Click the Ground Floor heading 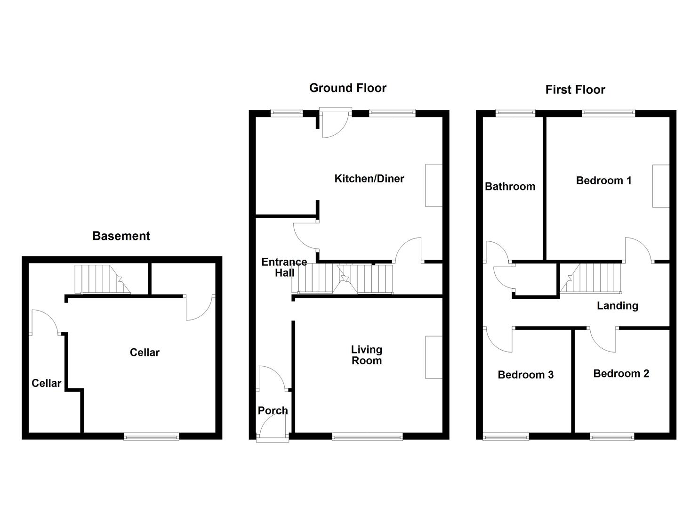(x=347, y=88)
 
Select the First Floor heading (x=575, y=90)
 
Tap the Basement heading (x=121, y=236)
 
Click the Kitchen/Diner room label (x=369, y=179)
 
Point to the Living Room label (x=366, y=355)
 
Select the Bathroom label (x=510, y=187)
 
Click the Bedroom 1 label (x=603, y=181)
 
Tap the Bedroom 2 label (x=621, y=374)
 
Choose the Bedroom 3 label (x=525, y=375)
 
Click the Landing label (x=617, y=306)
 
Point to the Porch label (x=273, y=410)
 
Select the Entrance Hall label (x=284, y=267)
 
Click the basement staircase (x=102, y=279)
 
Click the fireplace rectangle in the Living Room (x=434, y=357)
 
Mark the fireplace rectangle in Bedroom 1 (x=660, y=186)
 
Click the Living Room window (x=367, y=437)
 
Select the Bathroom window (x=515, y=113)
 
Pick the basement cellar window (x=151, y=437)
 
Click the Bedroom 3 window (x=506, y=437)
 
